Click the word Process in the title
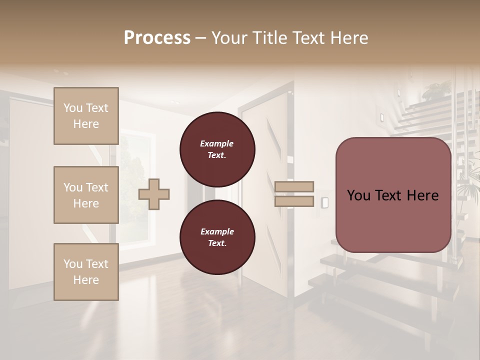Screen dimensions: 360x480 157,38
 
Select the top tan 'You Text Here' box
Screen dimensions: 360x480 86,116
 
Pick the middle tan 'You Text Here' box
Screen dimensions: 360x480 86,195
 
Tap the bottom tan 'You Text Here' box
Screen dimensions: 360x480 86,272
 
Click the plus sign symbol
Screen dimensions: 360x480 154,194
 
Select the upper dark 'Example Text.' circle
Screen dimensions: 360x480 217,149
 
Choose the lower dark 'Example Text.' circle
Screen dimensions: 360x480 217,237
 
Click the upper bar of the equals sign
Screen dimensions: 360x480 294,187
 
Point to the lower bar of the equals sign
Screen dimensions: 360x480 294,201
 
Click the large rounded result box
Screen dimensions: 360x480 393,195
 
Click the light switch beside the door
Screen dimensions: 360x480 325,202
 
